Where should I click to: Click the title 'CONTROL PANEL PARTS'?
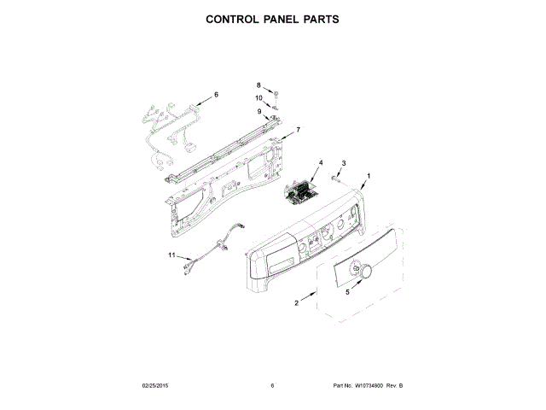tap(272, 18)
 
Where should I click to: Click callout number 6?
tap(216, 94)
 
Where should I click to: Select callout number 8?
tap(259, 85)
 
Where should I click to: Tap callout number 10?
tap(258, 97)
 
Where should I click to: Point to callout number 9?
tap(259, 111)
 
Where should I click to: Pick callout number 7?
tap(298, 130)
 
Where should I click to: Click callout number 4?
tap(321, 161)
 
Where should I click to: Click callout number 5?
tap(347, 291)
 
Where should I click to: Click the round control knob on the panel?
tap(366, 272)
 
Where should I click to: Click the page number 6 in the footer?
tap(272, 386)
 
